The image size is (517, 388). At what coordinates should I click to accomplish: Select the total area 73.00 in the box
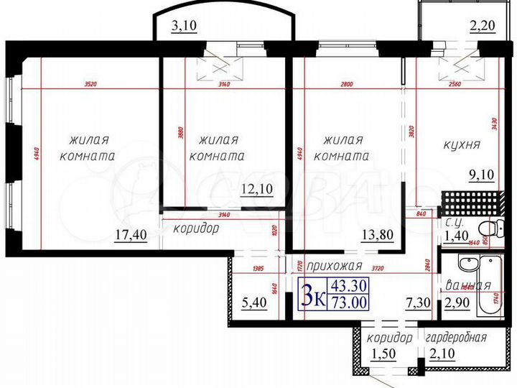pos(349,302)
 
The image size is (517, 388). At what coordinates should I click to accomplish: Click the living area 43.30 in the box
pos(349,286)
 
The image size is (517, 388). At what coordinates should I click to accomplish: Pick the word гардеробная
pos(456,338)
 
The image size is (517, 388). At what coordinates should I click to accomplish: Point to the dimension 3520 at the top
pos(90,84)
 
